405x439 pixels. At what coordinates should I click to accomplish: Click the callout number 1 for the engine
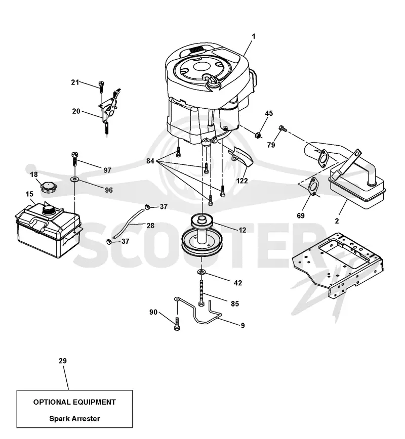click(x=254, y=37)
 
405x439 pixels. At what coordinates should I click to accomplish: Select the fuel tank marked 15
click(x=49, y=229)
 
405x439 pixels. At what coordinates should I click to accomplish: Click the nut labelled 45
click(x=258, y=135)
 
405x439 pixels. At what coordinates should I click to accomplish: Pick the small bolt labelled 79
click(x=282, y=129)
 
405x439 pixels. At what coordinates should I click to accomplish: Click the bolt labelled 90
click(x=177, y=324)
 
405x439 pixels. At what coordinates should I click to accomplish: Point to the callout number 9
click(x=242, y=325)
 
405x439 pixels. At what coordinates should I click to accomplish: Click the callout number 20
click(x=76, y=111)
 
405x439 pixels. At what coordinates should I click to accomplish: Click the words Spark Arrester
click(x=74, y=419)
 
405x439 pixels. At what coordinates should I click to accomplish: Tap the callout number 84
click(x=150, y=161)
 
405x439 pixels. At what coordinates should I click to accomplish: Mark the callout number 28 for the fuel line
click(x=150, y=226)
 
